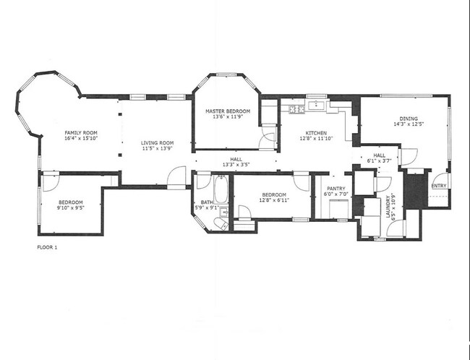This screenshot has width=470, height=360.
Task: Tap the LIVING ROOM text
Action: coord(157,143)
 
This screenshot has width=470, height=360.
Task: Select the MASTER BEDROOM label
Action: coord(228,111)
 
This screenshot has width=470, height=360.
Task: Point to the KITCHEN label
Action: coord(316,133)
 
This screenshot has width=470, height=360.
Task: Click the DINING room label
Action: coord(409,119)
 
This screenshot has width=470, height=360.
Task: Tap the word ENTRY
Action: coord(438,186)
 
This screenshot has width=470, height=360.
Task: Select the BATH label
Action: coord(207,202)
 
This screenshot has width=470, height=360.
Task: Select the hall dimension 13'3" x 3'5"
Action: coord(236,165)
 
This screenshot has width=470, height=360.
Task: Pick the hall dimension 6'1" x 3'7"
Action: coord(379,160)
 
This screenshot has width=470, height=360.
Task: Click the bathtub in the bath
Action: coord(221,191)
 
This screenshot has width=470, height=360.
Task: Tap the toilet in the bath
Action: coord(221,224)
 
